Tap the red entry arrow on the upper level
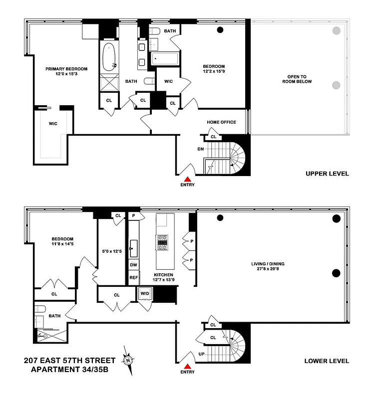[x=188, y=179]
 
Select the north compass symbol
[x=129, y=360]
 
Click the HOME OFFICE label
[x=221, y=122]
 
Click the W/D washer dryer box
[x=144, y=294]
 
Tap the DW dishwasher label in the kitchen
[x=134, y=265]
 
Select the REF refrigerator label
[x=134, y=278]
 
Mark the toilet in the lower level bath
[x=40, y=309]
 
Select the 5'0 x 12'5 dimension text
[x=111, y=251]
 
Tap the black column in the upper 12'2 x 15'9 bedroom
[x=220, y=30]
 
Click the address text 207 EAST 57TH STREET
[x=69, y=361]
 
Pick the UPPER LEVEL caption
[x=327, y=174]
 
